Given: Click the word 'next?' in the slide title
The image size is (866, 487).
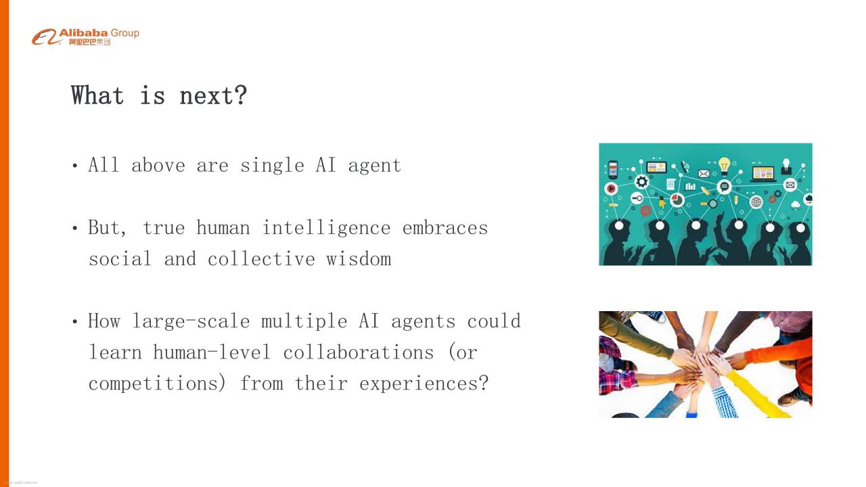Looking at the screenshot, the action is (x=213, y=95).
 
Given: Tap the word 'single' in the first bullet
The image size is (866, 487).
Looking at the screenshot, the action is (x=272, y=166).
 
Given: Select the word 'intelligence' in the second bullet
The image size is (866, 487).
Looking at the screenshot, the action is (x=326, y=228).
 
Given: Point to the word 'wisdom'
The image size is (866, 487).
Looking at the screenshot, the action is (x=359, y=259).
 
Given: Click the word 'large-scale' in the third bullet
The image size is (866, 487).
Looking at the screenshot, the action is (x=191, y=321).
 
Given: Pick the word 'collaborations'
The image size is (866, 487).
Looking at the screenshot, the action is (x=359, y=352).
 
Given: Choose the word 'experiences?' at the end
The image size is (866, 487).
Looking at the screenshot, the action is (x=424, y=384).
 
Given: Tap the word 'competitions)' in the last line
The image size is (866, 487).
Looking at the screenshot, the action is (x=157, y=384).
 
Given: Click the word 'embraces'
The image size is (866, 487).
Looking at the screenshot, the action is (x=445, y=228).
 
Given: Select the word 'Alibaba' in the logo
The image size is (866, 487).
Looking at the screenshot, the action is (x=83, y=33).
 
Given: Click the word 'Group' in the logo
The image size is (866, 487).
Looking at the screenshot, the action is (x=125, y=34).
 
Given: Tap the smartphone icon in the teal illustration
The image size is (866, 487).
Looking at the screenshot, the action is (x=613, y=170).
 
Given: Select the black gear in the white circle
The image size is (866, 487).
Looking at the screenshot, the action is (x=642, y=182).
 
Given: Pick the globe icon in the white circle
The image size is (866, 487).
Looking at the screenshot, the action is (x=756, y=202).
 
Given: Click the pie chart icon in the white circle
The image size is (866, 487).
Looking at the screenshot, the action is (x=677, y=200).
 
